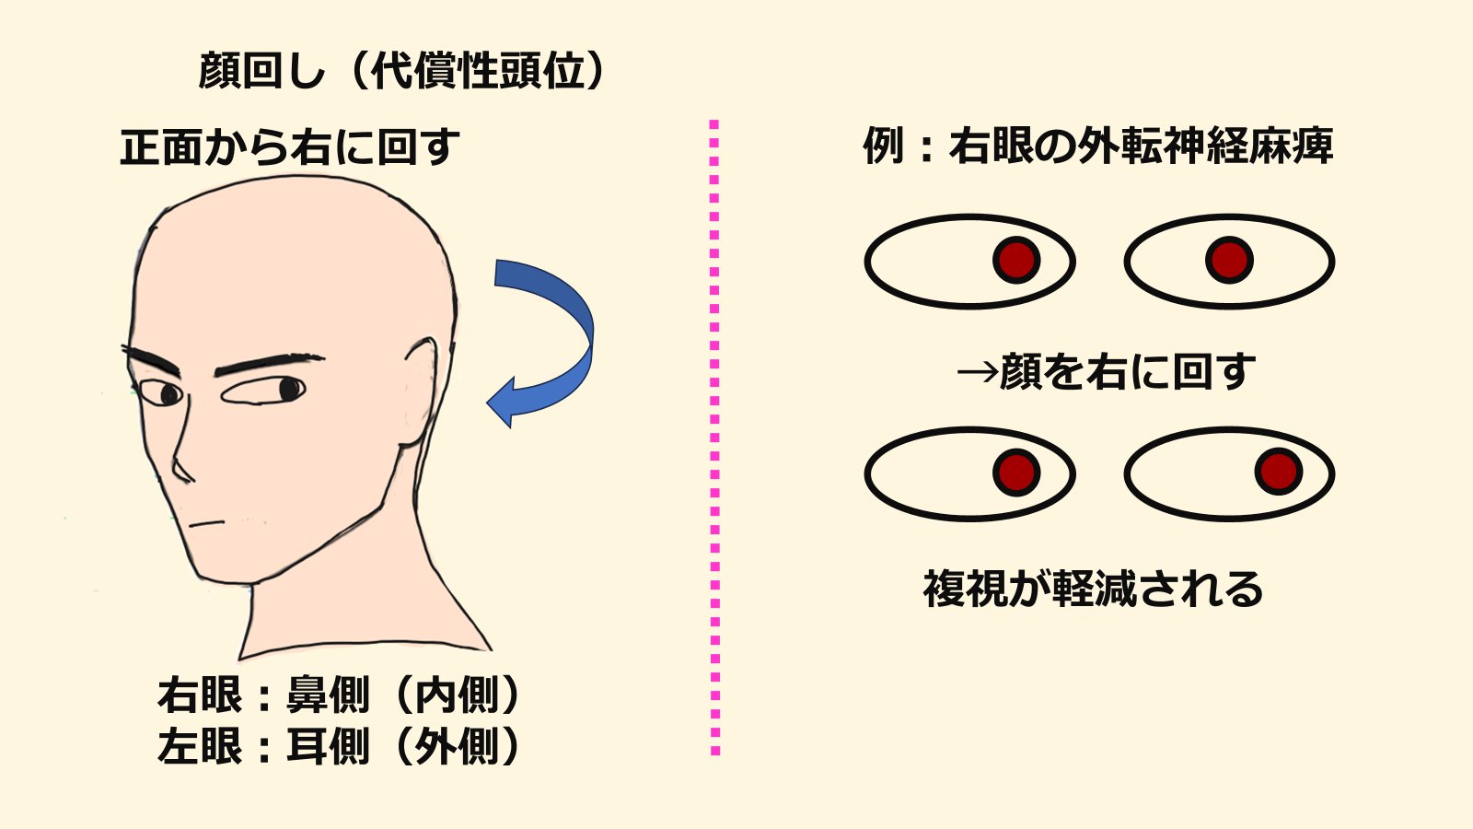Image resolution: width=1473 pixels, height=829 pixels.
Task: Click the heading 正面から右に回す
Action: click(x=290, y=147)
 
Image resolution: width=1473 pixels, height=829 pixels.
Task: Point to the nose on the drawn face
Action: click(x=181, y=461)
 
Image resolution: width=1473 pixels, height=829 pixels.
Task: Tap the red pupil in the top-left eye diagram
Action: click(x=1016, y=260)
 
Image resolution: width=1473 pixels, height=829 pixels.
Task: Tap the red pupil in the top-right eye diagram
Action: click(x=1229, y=260)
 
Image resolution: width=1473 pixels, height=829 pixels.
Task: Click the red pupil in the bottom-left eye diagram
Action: click(x=1016, y=473)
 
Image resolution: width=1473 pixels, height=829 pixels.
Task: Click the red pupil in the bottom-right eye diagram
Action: click(x=1278, y=472)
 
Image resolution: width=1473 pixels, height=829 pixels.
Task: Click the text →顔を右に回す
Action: click(x=1105, y=371)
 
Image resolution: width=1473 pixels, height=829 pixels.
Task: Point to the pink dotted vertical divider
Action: click(x=714, y=438)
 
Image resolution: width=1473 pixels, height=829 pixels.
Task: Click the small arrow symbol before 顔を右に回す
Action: click(x=976, y=372)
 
